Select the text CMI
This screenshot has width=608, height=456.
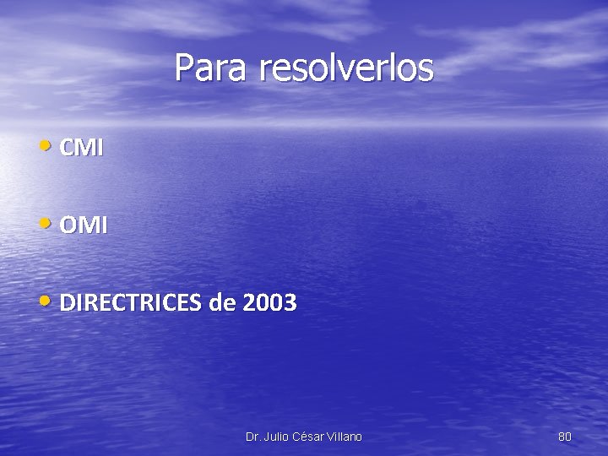coord(83,149)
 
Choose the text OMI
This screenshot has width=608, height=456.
coord(84,226)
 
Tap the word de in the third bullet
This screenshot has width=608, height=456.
coord(222,303)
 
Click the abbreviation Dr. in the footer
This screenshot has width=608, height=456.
coord(252,437)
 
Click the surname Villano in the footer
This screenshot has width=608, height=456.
coord(345,437)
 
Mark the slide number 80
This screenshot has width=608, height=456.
coord(565,437)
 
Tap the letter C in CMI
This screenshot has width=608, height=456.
coord(67,149)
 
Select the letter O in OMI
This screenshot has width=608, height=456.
coord(68,226)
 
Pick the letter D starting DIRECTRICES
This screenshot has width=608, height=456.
coord(67,303)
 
